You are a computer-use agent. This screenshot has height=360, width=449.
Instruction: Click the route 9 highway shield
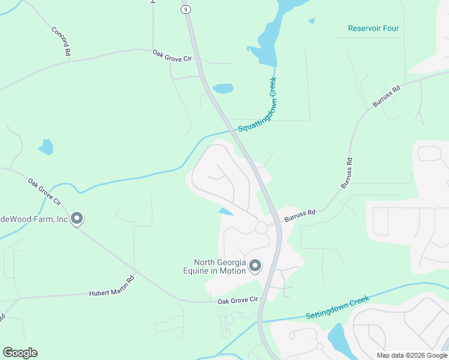[x=186, y=9]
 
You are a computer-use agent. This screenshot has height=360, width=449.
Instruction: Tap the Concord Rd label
[x=61, y=41]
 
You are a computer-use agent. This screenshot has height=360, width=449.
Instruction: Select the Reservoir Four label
[x=373, y=28]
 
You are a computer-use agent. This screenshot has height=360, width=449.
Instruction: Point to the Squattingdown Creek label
[x=258, y=106]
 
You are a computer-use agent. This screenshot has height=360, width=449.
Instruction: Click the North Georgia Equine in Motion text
[x=220, y=266]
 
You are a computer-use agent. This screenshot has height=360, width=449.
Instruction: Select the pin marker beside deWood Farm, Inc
[x=77, y=219]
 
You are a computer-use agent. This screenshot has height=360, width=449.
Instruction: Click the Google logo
[x=20, y=353]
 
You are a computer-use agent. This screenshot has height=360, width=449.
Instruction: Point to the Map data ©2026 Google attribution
[x=412, y=355]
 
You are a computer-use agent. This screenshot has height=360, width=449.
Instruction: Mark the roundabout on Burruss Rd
[x=261, y=228]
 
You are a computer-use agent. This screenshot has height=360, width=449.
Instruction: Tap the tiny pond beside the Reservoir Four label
[x=312, y=21]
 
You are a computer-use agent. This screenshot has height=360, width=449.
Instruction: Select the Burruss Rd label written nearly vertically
[x=346, y=173]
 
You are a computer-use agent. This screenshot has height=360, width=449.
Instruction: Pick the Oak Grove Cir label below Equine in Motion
[x=237, y=300]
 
